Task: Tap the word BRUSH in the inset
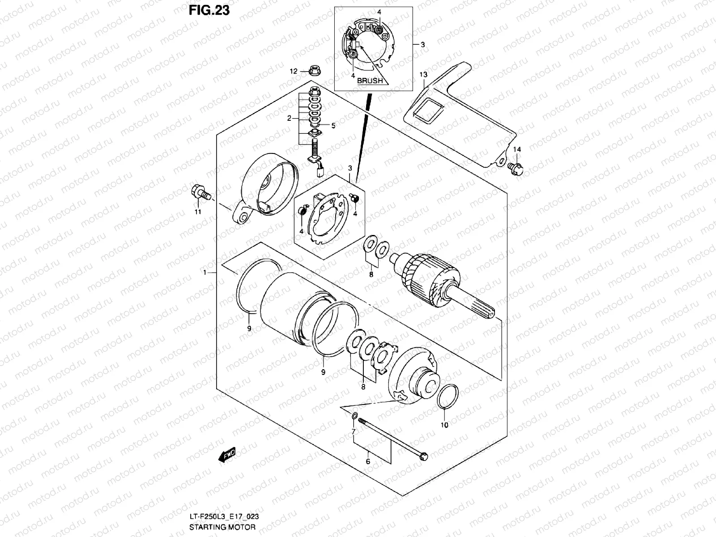pyautogui.click(x=370, y=81)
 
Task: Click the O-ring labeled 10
pyautogui.click(x=448, y=396)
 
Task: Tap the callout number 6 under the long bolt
pyautogui.click(x=367, y=461)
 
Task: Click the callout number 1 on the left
pyautogui.click(x=204, y=273)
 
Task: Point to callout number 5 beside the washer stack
pyautogui.click(x=333, y=126)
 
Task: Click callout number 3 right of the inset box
pyautogui.click(x=422, y=45)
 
